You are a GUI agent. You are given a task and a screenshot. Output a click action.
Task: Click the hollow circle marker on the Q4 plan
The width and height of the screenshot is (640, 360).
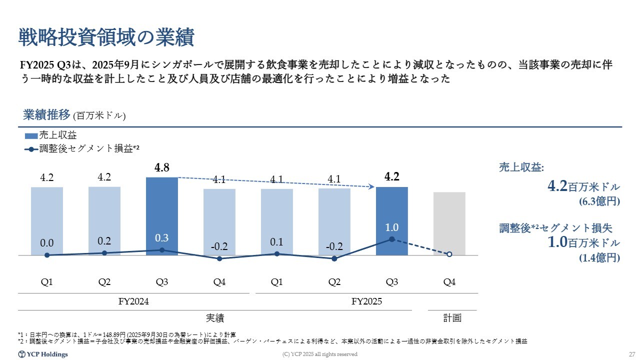pos(449,254)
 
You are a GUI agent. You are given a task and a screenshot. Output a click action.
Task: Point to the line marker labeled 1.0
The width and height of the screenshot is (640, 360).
pos(392,239)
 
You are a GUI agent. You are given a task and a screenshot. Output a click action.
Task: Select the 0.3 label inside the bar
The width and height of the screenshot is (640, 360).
pos(161,237)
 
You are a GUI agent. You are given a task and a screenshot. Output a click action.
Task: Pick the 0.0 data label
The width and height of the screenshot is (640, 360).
pos(47,243)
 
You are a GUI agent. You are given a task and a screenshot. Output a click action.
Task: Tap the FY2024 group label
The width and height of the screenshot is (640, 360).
pos(133,301)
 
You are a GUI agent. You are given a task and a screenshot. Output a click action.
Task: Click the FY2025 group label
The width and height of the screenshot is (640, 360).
pos(366,301)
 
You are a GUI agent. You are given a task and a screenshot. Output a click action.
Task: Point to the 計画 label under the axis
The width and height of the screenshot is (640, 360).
pos(452,317)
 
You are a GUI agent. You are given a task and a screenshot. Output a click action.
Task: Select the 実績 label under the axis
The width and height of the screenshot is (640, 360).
pos(215,317)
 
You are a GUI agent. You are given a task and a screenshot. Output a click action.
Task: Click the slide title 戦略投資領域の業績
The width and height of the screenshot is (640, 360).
pos(106,37)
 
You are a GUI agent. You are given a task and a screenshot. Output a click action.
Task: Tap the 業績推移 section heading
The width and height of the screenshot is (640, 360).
pos(46,115)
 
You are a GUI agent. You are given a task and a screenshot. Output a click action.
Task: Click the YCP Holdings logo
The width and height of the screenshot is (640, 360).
pos(43,354)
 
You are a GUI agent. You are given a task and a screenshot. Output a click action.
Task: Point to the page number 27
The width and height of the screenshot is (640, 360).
pos(631,354)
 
